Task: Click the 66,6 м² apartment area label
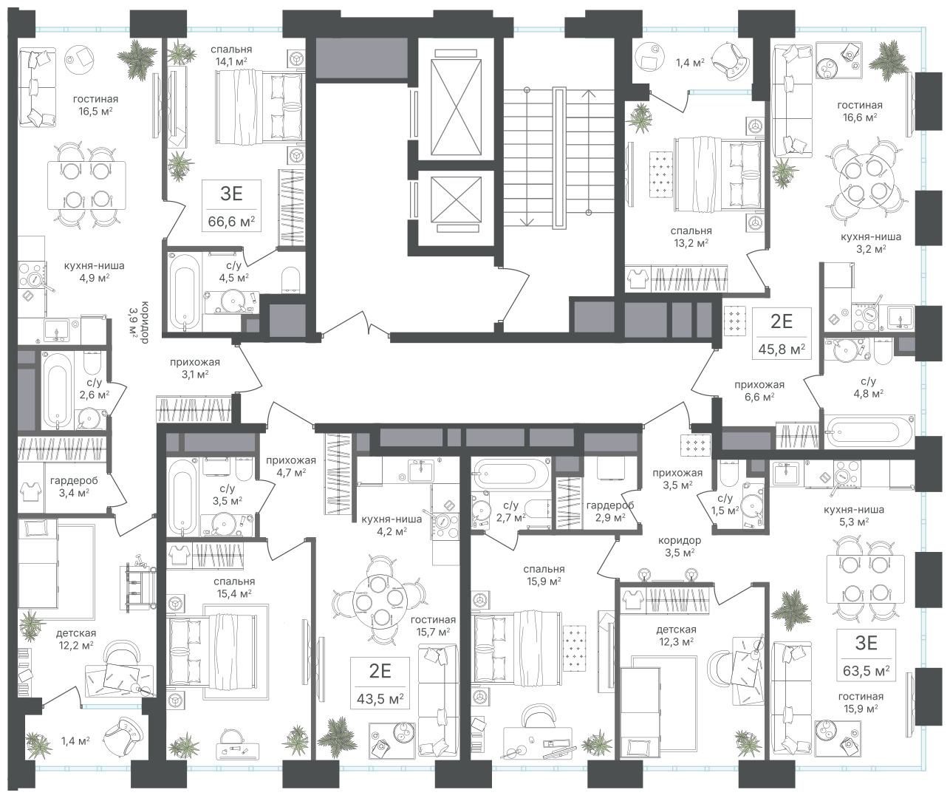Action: (x=231, y=222)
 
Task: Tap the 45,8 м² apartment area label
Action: (x=782, y=349)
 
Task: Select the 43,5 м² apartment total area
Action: (x=380, y=698)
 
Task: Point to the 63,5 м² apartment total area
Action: (x=867, y=670)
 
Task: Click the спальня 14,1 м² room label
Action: (x=231, y=55)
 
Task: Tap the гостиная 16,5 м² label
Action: (x=95, y=105)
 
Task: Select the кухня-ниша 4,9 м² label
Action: (x=94, y=271)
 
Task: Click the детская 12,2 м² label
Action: (x=76, y=638)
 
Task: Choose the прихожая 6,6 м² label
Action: (x=759, y=391)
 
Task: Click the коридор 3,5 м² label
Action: (x=680, y=546)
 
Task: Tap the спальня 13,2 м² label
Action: (x=691, y=236)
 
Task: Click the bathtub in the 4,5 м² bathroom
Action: (x=184, y=292)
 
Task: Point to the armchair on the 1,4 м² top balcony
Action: (x=729, y=61)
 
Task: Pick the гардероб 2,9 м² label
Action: (x=610, y=511)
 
